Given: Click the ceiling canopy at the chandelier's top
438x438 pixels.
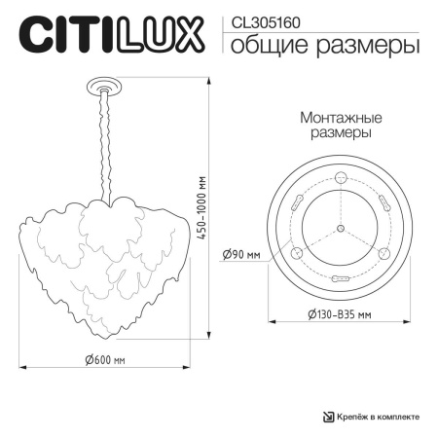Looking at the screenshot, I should pos(100,89).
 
